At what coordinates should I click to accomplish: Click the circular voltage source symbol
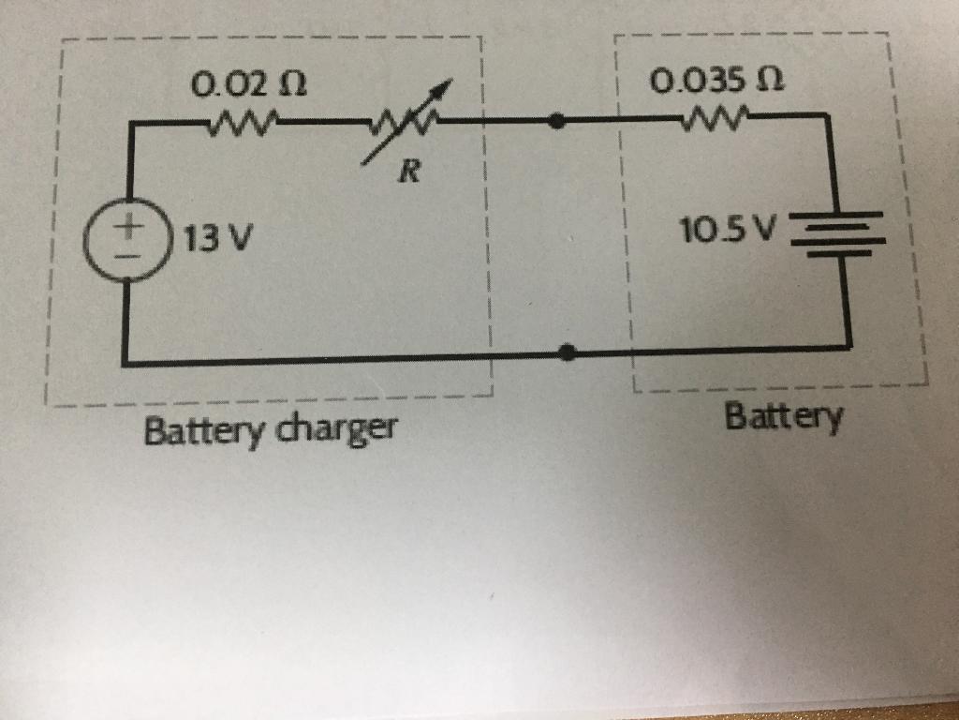pyautogui.click(x=125, y=239)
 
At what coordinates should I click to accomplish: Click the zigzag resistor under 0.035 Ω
pyautogui.click(x=716, y=117)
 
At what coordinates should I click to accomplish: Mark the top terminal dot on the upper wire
pyautogui.click(x=558, y=121)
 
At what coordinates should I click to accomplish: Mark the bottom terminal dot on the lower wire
pyautogui.click(x=566, y=352)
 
